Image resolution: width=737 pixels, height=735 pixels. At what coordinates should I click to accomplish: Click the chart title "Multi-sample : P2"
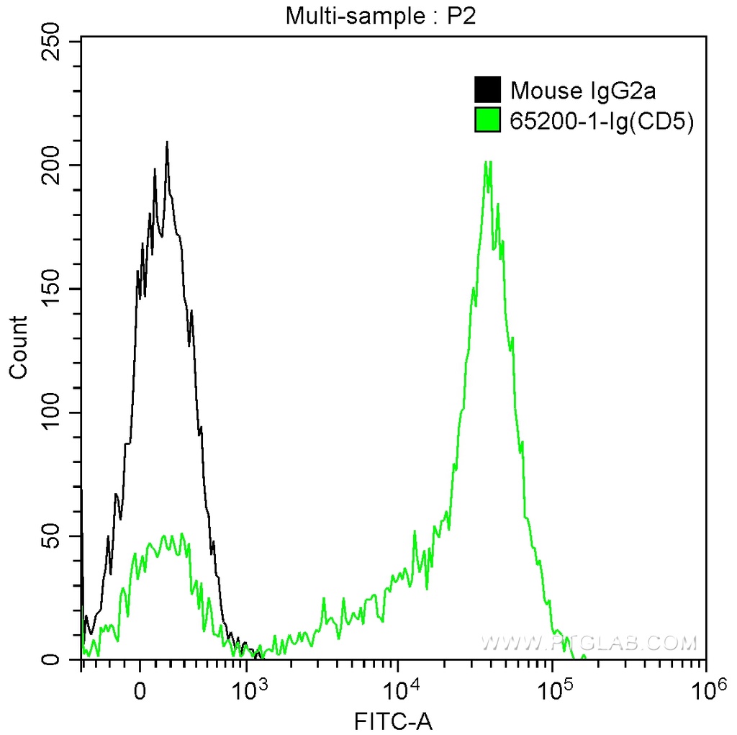pos(381,15)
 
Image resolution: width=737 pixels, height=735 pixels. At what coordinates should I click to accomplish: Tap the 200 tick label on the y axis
pos(51,165)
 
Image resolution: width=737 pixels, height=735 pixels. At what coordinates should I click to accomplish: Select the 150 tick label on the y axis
pos(51,289)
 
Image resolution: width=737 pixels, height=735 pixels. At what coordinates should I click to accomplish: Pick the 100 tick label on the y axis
pos(51,412)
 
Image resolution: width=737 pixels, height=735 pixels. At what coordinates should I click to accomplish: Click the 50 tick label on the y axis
pos(51,536)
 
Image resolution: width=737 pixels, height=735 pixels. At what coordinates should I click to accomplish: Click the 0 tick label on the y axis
pos(51,659)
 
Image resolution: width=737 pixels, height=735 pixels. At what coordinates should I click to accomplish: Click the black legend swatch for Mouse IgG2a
pos(488,91)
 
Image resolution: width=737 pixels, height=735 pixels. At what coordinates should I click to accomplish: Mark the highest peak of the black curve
pos(167,143)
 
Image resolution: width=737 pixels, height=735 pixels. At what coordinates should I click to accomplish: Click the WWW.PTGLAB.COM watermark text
pos(589,642)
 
